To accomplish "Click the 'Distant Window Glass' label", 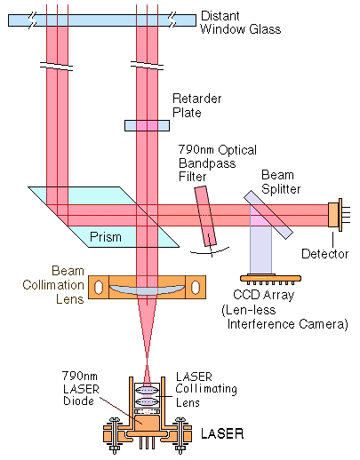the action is (x=240, y=23).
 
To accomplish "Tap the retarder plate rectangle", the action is (x=147, y=125).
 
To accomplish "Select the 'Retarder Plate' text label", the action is (x=196, y=106).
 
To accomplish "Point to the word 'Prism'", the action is (x=106, y=237).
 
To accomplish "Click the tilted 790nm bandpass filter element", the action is (x=205, y=216).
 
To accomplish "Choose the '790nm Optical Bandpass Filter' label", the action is (x=218, y=163).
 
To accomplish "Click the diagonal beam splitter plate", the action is (x=268, y=214).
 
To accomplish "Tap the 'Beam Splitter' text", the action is (x=281, y=182).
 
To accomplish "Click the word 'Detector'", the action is (x=324, y=254).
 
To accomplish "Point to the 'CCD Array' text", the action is (x=263, y=295).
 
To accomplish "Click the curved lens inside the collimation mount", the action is (x=147, y=289).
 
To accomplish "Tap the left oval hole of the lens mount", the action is (x=99, y=287).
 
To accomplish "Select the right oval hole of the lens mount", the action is (x=196, y=287).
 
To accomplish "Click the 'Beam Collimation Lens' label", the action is (x=53, y=285).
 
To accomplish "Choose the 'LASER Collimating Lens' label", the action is (x=206, y=390).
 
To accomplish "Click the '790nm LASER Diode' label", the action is (x=80, y=388).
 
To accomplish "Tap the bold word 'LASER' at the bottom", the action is (x=222, y=433).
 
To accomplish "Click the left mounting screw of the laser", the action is (x=114, y=435).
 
